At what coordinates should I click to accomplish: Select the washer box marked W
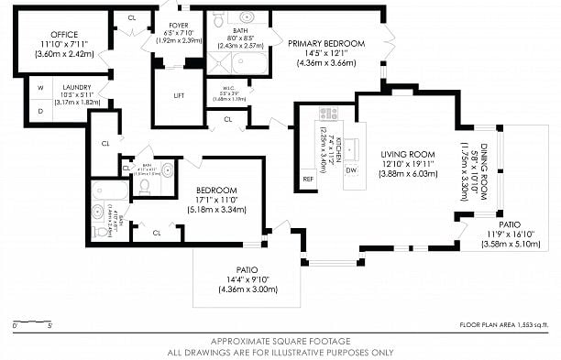pos(40,89)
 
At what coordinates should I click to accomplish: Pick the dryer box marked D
pos(40,109)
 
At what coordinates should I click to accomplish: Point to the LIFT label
pos(179,95)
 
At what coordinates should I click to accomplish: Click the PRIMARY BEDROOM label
pos(326,43)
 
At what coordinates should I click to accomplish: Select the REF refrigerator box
pos(308,179)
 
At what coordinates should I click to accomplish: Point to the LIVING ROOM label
pos(396,153)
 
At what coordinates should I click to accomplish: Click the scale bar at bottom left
pos(32,323)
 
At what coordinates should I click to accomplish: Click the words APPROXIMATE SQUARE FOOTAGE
pos(280,342)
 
